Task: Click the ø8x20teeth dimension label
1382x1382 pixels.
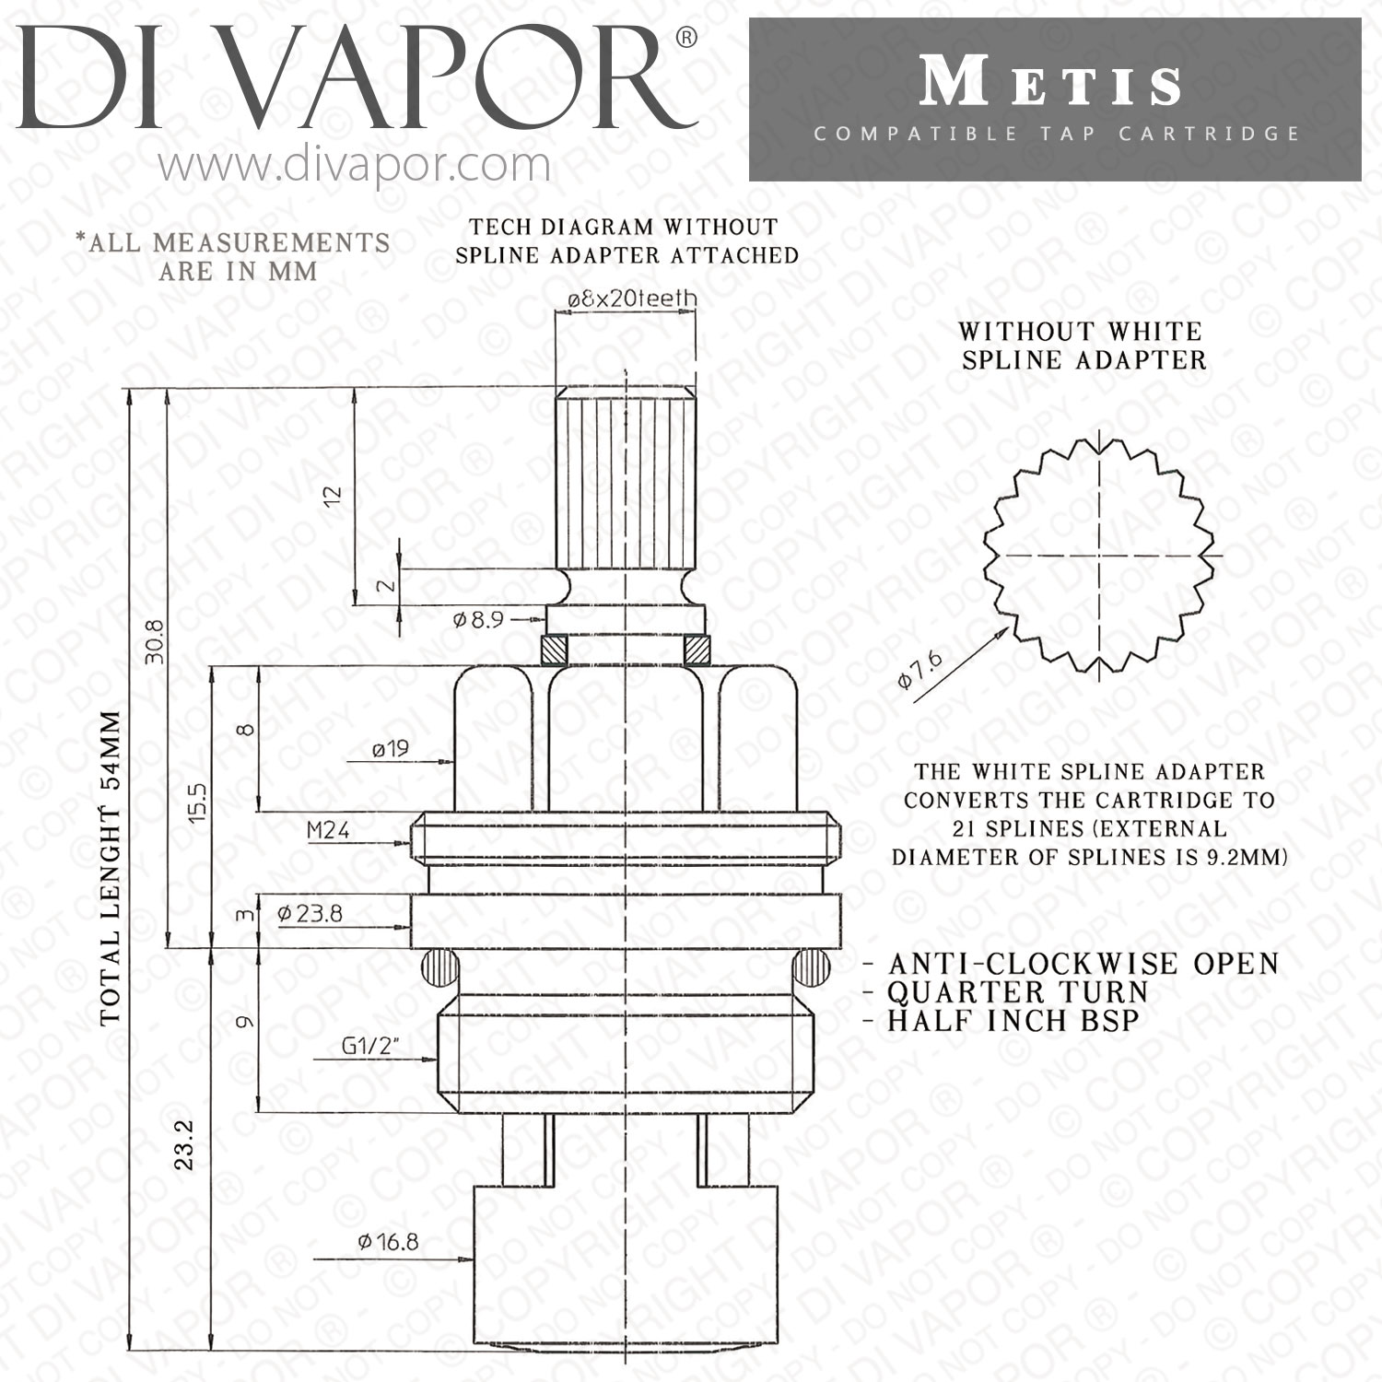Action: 632,298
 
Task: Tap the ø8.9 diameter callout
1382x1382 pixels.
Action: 478,620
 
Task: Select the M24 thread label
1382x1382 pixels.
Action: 328,830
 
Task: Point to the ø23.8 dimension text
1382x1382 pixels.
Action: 310,913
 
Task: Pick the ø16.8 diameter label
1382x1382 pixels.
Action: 388,1242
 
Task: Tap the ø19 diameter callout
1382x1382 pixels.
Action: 390,749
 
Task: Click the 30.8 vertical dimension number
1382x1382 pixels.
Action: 154,641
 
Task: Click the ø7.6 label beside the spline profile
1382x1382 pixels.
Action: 920,669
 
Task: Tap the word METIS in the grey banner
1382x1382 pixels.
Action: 1051,84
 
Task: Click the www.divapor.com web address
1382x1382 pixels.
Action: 354,165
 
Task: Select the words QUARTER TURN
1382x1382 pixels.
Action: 1018,992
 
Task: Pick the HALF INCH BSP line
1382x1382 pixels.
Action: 1013,1021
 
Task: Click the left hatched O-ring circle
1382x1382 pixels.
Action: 439,967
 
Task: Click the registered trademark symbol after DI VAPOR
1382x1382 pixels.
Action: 686,38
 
